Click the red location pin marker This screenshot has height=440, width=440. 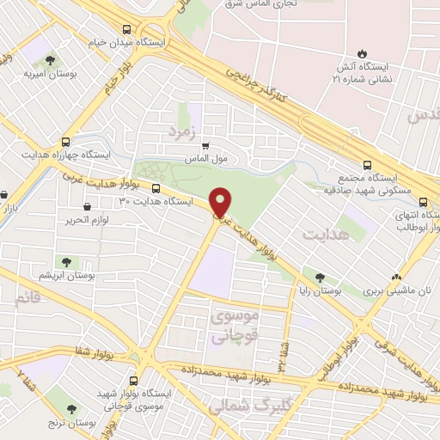pyautogui.click(x=221, y=203)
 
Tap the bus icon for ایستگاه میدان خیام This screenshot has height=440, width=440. pyautogui.click(x=126, y=28)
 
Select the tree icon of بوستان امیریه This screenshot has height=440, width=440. pyautogui.click(x=51, y=60)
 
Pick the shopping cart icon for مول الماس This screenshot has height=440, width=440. pyautogui.click(x=204, y=147)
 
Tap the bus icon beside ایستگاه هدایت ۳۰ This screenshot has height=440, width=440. pyautogui.click(x=156, y=188)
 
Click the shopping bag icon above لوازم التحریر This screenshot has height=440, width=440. pyautogui.click(x=88, y=206)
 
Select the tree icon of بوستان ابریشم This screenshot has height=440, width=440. pyautogui.click(x=64, y=261)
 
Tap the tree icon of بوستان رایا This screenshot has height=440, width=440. pyautogui.click(x=320, y=278)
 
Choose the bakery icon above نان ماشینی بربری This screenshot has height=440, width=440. pyautogui.click(x=396, y=278)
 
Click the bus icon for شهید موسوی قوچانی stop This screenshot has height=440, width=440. pyautogui.click(x=133, y=379)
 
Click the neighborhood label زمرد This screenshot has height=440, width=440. pyautogui.click(x=183, y=131)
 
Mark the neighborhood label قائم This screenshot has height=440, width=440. pyautogui.click(x=27, y=300)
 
